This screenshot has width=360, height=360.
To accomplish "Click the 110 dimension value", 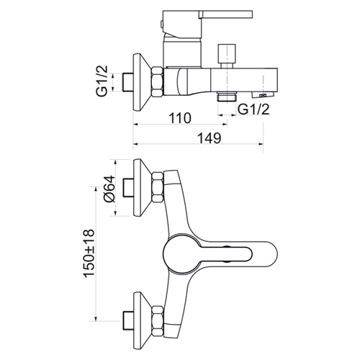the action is (x=180, y=118).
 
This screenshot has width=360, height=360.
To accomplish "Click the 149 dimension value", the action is (x=209, y=138).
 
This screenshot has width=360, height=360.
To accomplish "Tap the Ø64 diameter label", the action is (x=109, y=189).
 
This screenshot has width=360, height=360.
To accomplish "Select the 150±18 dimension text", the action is (x=89, y=253).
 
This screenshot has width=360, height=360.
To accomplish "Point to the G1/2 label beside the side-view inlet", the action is (x=102, y=81).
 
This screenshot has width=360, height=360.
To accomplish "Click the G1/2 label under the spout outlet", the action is (x=253, y=109).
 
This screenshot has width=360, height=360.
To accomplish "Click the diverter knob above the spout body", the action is (x=227, y=56).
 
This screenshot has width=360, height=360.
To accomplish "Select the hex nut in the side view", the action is (x=158, y=82).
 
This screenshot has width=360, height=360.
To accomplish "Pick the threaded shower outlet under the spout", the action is (x=227, y=96).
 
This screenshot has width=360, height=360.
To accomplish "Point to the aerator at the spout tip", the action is (x=263, y=94).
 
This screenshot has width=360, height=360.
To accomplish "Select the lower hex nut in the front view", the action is (x=158, y=321).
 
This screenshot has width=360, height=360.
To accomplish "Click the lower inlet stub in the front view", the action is (x=128, y=321).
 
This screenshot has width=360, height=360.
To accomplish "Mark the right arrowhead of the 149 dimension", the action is (x=261, y=144).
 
